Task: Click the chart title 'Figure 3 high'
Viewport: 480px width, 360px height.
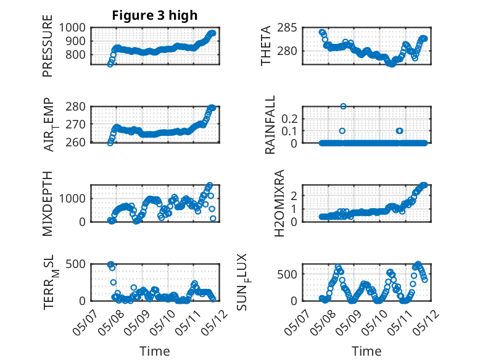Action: (154, 15)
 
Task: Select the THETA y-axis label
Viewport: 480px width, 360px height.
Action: (266, 46)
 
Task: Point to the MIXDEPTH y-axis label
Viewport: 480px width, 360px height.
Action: (48, 203)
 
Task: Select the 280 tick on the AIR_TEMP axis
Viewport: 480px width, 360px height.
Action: (78, 107)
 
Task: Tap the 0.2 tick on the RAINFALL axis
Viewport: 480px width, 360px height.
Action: (290, 117)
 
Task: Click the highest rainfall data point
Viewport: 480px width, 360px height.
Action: (343, 106)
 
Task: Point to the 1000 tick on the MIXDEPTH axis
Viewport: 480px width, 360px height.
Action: (75, 198)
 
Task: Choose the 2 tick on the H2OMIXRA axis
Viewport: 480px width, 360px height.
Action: (294, 195)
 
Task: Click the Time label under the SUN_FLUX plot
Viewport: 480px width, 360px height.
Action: (366, 351)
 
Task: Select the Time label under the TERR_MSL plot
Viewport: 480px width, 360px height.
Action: (154, 351)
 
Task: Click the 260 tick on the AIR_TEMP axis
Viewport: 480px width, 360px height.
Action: (78, 143)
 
